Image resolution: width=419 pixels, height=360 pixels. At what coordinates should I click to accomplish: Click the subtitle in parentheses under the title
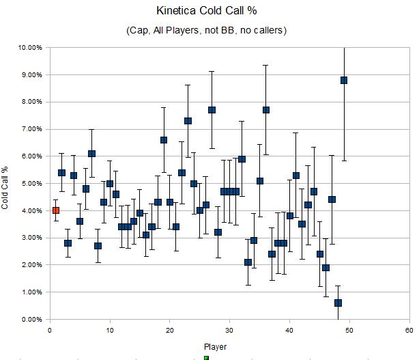(205, 30)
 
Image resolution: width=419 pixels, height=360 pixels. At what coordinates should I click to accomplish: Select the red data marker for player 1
(56, 210)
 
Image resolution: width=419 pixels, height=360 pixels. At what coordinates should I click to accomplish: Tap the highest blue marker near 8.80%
(344, 80)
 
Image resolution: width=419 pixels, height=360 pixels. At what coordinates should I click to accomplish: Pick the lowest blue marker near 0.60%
(338, 303)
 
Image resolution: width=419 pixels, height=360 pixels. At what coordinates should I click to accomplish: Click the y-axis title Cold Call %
(6, 183)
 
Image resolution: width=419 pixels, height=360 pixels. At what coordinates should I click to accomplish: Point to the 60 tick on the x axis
(409, 330)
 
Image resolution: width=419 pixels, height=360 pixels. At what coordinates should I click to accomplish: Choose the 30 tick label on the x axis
(229, 330)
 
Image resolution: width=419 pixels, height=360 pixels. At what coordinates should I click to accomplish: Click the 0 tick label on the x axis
(49, 330)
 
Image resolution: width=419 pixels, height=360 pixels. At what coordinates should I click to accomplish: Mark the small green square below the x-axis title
(206, 357)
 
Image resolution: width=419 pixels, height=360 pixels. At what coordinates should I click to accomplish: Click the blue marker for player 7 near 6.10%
(91, 154)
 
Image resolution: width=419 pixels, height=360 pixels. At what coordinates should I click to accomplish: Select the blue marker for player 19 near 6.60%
(164, 140)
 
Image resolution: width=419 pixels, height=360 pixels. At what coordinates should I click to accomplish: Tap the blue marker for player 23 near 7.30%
(188, 121)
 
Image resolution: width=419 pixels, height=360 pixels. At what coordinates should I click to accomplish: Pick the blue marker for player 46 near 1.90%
(326, 268)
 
